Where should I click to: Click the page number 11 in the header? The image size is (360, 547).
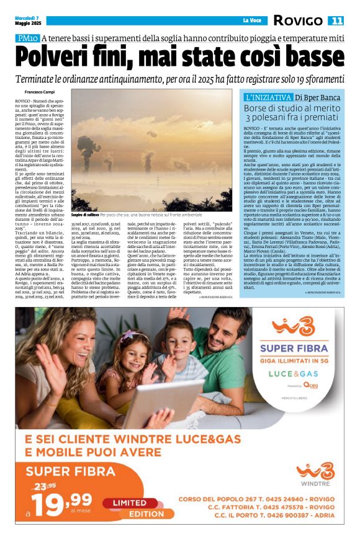click(x=336, y=20)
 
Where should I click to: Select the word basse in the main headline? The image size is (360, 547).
click(x=308, y=58)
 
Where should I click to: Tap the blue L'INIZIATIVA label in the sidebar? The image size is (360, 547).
click(x=268, y=97)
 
